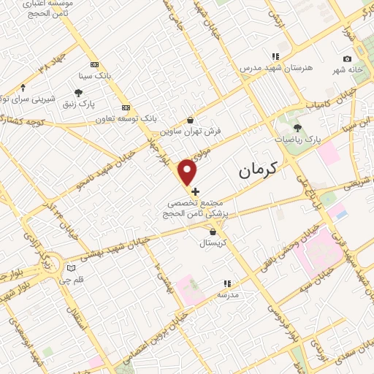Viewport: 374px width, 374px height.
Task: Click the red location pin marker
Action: (188, 172)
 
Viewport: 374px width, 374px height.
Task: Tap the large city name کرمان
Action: (259, 171)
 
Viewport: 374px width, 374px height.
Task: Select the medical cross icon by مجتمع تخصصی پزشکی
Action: (195, 191)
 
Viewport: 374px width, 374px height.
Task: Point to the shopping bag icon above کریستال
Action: (213, 232)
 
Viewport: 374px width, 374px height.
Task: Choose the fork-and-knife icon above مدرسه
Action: (227, 283)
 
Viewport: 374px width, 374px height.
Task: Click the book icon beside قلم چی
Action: (70, 267)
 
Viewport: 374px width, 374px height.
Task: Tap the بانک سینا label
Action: (96, 75)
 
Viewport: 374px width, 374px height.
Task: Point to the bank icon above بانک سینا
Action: (94, 64)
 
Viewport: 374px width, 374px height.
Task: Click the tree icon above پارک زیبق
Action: (78, 92)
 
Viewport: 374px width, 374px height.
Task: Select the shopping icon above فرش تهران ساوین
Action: (191, 121)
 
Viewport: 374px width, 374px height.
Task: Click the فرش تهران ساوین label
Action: (191, 132)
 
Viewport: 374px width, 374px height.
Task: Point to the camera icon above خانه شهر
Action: (347, 58)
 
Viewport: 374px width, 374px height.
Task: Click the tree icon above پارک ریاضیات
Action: (297, 128)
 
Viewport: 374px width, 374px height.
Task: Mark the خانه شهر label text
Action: (348, 69)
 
